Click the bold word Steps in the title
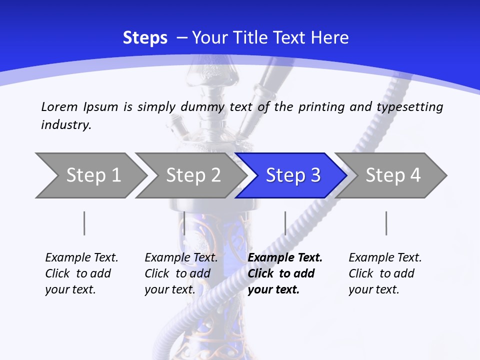(x=145, y=38)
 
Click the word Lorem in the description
(x=59, y=106)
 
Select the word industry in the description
(x=65, y=124)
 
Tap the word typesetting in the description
(x=409, y=106)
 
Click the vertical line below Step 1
(x=84, y=223)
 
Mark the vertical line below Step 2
(x=184, y=223)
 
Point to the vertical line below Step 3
(x=285, y=223)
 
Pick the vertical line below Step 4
(x=386, y=223)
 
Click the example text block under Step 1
(x=81, y=273)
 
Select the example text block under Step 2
(x=181, y=273)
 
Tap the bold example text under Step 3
(x=285, y=273)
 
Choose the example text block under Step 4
(x=385, y=273)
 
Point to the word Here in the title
(x=329, y=38)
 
